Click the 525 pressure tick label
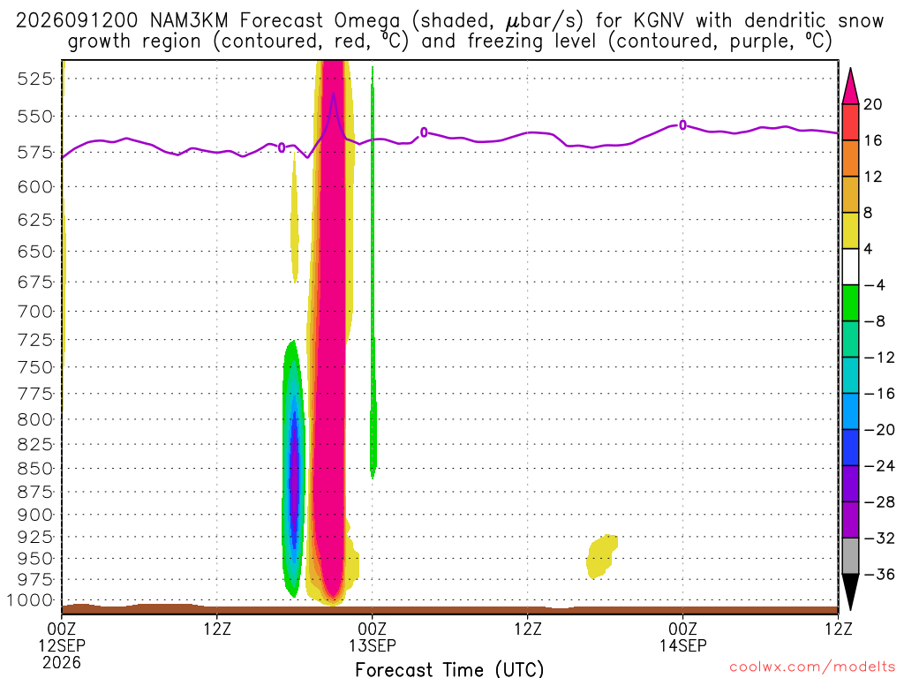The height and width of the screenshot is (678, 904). (34, 79)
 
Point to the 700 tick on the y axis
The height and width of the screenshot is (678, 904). (34, 312)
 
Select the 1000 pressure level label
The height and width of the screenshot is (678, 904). (29, 600)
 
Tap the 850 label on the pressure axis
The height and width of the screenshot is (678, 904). (34, 468)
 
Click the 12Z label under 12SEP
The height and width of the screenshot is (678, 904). (217, 629)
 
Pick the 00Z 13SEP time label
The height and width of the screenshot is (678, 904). (372, 637)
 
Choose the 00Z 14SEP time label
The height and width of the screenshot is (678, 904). (682, 637)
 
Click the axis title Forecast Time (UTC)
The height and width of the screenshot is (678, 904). (449, 669)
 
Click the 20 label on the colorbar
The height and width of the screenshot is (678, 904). (872, 104)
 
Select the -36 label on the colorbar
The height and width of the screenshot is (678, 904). (879, 574)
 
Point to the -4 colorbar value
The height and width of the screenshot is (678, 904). (874, 285)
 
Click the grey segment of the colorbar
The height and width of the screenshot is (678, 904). (850, 556)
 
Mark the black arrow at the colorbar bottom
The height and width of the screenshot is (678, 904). (850, 591)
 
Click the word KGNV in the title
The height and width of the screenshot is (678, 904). (658, 21)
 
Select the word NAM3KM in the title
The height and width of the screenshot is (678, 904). (189, 21)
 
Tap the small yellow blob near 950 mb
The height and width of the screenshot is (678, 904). (601, 556)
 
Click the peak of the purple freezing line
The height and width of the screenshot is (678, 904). (333, 94)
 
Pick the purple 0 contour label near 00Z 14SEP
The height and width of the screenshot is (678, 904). (682, 125)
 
